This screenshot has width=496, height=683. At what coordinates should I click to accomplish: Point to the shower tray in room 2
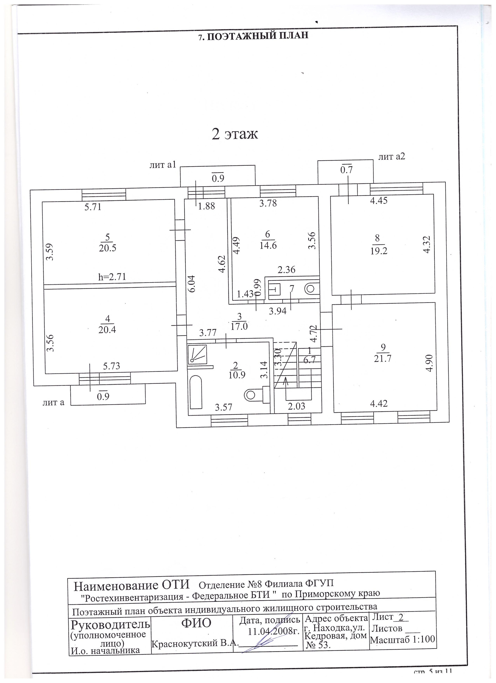(x=197, y=354)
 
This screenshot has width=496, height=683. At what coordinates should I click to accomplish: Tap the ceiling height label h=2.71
(x=112, y=276)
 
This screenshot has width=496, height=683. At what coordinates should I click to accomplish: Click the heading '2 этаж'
(x=235, y=134)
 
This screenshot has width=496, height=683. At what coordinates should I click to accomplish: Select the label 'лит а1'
(x=162, y=164)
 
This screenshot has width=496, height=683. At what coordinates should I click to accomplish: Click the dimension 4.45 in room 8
(x=379, y=200)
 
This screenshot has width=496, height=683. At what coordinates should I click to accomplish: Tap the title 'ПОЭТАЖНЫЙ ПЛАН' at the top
(x=254, y=36)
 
